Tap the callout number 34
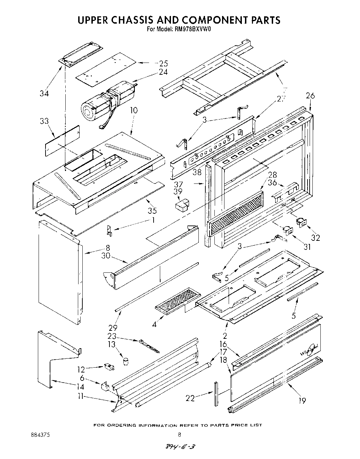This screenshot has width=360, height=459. [x=44, y=93]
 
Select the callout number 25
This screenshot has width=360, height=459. [x=163, y=63]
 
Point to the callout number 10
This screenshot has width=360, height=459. [x=133, y=110]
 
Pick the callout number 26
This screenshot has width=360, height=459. [x=310, y=96]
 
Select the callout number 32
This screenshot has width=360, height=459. [x=316, y=238]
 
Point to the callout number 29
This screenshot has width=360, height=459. [x=113, y=327]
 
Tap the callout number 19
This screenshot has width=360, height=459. [x=302, y=401]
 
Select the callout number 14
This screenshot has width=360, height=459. [x=80, y=387]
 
